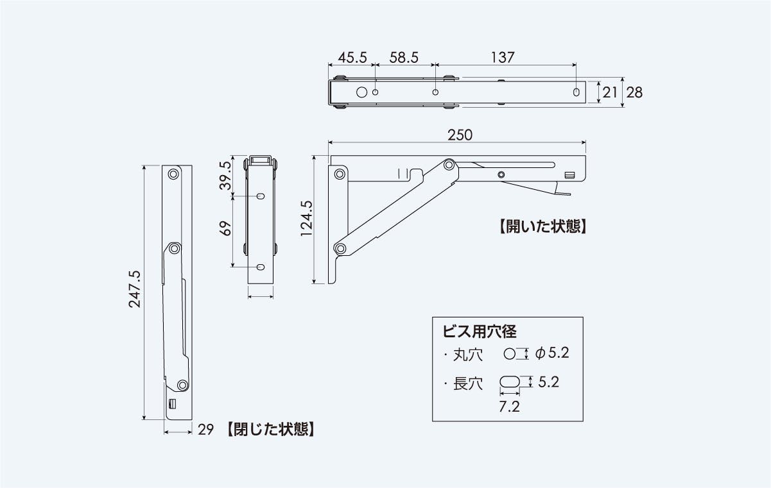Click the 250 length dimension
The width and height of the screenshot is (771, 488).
point(460,135)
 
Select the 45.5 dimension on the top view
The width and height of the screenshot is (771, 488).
point(352,57)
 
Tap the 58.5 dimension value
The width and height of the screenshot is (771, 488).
point(404,57)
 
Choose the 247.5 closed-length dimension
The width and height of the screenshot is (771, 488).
point(135,289)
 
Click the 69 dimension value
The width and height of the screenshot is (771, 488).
point(225,229)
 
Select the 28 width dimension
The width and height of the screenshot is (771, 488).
point(634,92)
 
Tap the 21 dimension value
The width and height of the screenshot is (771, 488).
point(610,92)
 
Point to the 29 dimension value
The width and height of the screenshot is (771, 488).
point(205,430)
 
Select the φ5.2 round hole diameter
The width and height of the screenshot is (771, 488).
point(552,353)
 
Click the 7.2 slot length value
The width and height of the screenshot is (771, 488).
point(509,407)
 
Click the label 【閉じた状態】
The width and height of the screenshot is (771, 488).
point(270,430)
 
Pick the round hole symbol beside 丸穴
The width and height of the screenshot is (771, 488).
point(510,353)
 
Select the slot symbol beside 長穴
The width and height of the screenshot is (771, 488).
point(510,382)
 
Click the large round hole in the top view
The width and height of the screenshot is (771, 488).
point(362,92)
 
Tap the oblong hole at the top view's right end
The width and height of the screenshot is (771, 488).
point(576,92)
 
